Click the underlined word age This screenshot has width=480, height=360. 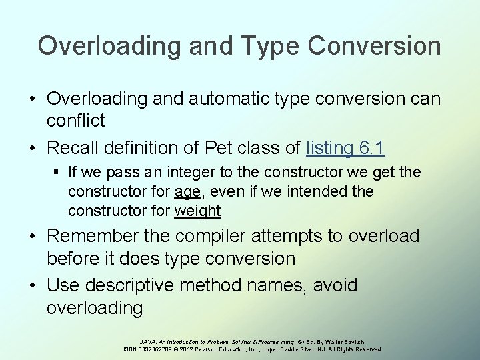(x=187, y=192)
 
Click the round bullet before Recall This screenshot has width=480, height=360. (x=32, y=146)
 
